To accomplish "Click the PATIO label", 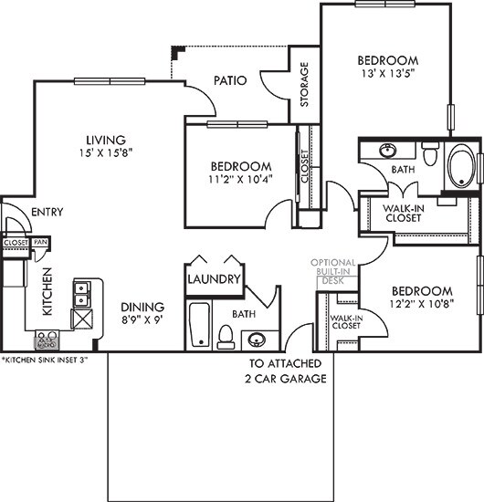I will [230, 80].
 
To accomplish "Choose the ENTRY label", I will [46, 212].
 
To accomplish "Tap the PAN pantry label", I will [40, 242].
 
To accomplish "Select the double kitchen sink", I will [81, 293].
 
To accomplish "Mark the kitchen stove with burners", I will [47, 341].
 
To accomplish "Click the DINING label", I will [142, 307].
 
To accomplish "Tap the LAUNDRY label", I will [214, 279].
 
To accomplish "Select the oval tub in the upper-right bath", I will [462, 167].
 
